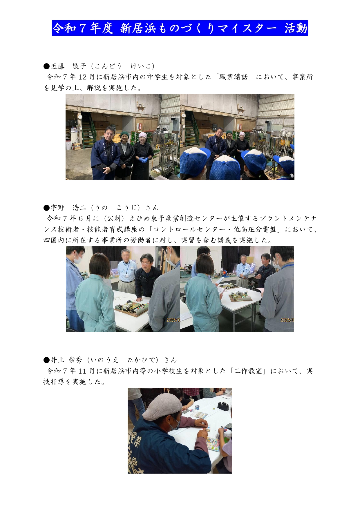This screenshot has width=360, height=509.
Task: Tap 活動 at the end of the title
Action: tap(296, 28)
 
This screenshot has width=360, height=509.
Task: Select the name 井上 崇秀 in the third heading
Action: tap(67, 360)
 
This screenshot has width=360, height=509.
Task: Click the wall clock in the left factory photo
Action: tap(80, 117)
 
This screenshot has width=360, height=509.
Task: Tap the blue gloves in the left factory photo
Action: tap(143, 160)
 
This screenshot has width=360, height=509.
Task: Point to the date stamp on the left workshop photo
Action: tap(173, 320)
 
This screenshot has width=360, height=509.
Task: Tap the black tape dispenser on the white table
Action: tap(223, 406)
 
